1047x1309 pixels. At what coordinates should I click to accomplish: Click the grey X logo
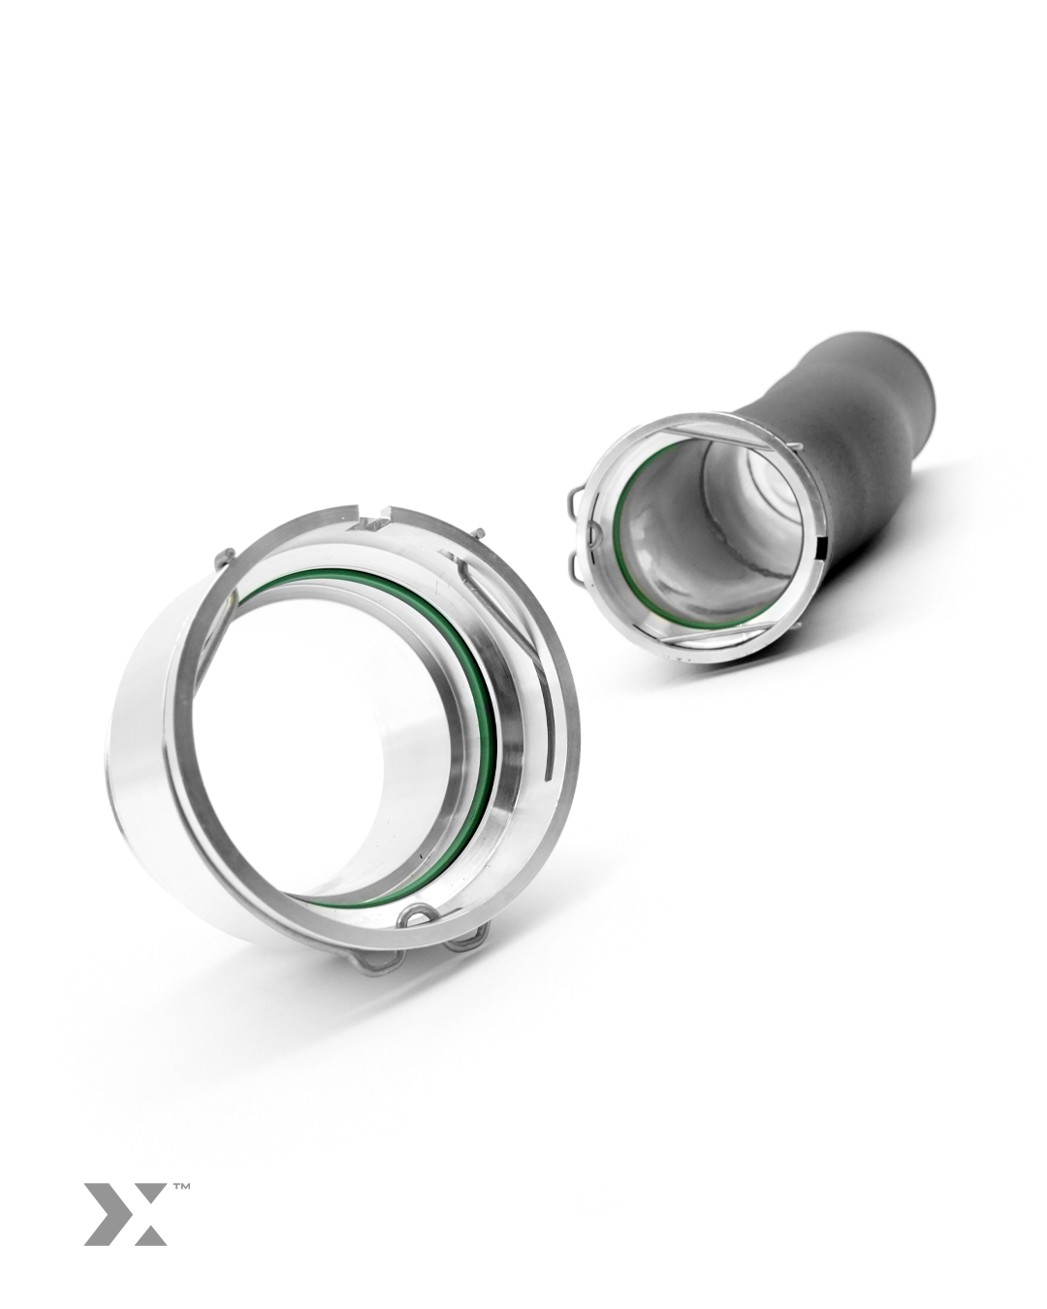tap(124, 1213)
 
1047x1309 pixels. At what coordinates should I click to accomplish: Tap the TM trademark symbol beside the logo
tap(180, 1186)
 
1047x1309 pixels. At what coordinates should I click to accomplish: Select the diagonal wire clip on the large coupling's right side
tap(494, 601)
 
